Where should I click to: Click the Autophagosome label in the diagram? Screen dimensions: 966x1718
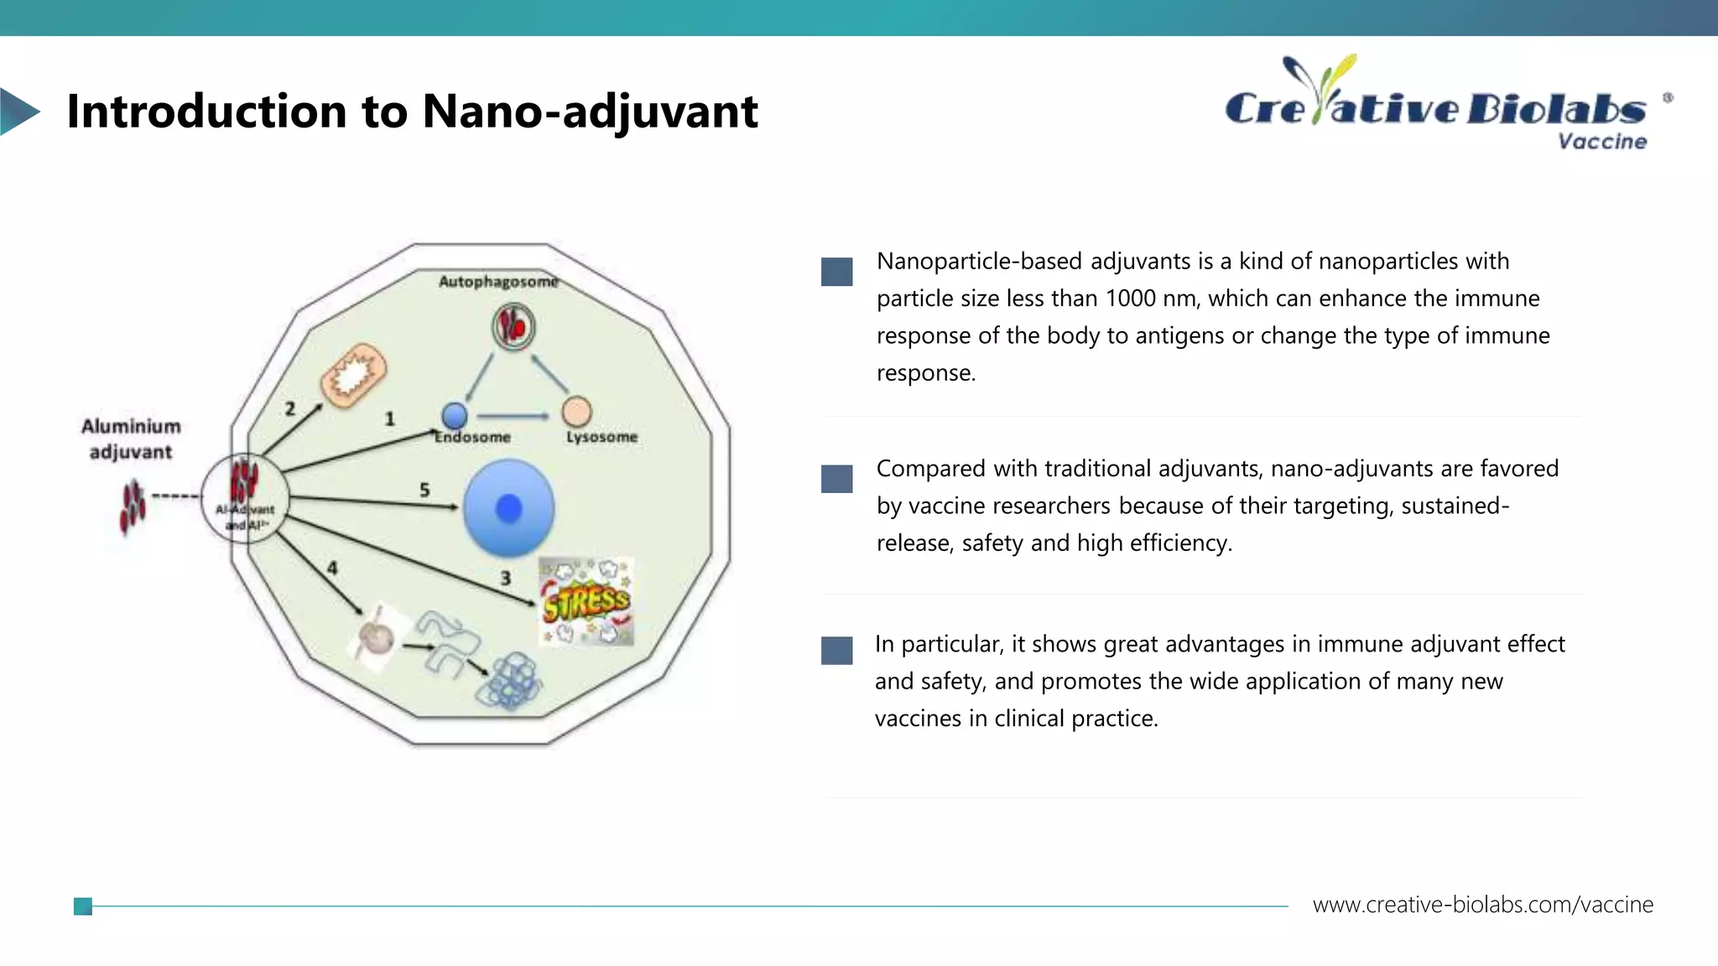tap(498, 282)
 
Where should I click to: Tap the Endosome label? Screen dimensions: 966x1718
tap(472, 437)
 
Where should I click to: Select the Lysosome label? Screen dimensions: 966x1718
tap(601, 437)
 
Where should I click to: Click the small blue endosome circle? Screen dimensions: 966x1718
tap(454, 415)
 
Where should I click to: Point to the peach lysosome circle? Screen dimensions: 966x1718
tap(576, 412)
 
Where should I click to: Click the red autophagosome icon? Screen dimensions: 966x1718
tap(513, 326)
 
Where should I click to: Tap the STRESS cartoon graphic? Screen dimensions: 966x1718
tap(586, 601)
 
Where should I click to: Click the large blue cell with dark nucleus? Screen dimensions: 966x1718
tap(508, 507)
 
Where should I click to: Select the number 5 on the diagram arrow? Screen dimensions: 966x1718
tap(424, 490)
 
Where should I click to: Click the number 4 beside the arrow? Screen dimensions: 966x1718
tap(332, 569)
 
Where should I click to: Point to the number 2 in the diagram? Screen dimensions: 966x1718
tap(289, 409)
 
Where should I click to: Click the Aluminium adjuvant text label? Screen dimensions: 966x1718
tap(131, 439)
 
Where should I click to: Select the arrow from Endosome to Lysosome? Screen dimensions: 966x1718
tap(513, 415)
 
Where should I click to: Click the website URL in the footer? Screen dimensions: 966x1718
tap(1482, 905)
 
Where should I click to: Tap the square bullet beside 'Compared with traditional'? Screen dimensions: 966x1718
tap(836, 479)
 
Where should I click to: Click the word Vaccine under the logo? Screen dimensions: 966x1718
tap(1602, 142)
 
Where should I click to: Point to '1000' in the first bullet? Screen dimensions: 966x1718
tap(1132, 299)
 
